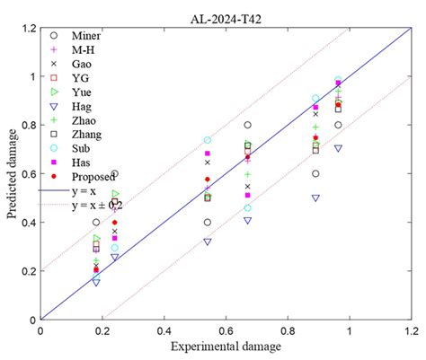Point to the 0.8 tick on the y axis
(x=28, y=125)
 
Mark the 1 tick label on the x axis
(x=347, y=329)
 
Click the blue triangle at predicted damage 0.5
(x=315, y=198)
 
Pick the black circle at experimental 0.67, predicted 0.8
(x=247, y=125)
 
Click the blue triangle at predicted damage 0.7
(x=338, y=148)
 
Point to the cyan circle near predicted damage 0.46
(x=247, y=207)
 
